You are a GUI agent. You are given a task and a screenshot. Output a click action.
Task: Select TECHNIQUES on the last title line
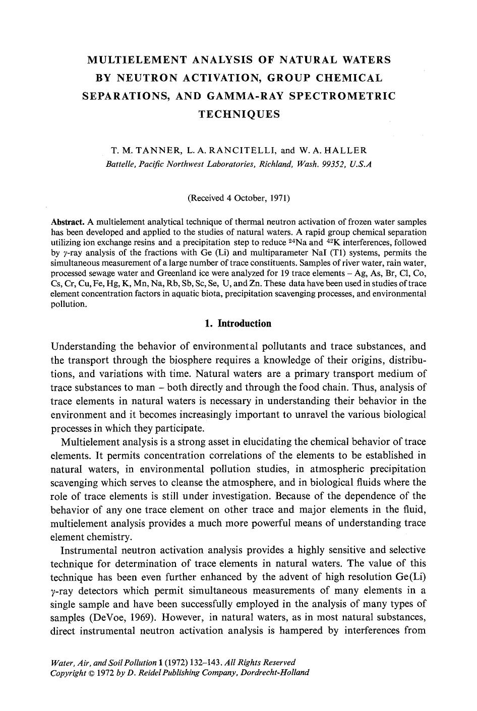[239, 114]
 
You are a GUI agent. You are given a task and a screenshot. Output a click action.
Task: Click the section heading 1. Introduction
[238, 324]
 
